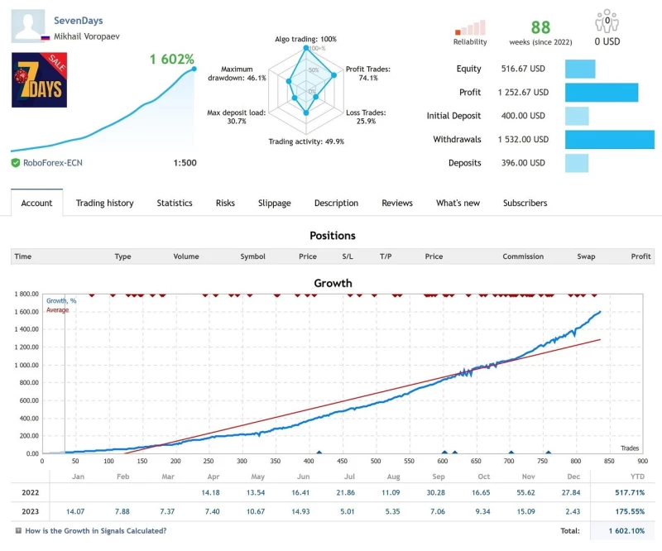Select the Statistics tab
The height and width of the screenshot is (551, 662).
[175, 203]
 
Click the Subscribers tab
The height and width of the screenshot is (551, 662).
[525, 203]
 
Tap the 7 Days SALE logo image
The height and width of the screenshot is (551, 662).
[39, 80]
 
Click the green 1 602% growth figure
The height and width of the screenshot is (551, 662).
[172, 60]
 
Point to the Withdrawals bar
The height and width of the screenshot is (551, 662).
[609, 139]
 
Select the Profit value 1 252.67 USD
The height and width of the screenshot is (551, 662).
[523, 93]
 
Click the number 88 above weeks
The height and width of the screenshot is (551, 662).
[540, 28]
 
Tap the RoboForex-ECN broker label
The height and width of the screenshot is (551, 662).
[51, 163]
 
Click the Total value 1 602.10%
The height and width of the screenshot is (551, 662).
[626, 530]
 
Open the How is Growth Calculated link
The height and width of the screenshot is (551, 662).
[95, 530]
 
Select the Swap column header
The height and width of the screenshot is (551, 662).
[586, 256]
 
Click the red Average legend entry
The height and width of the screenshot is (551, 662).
[57, 310]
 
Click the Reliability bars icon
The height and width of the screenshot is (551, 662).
[470, 28]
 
